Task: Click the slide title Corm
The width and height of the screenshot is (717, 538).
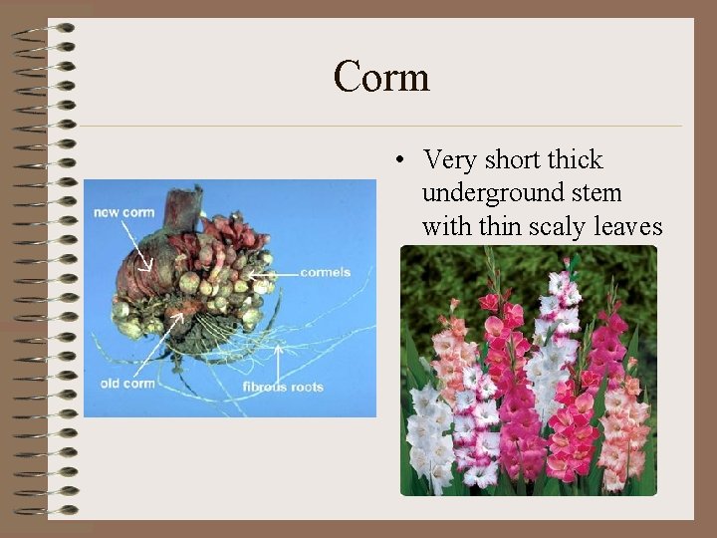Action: coord(381,77)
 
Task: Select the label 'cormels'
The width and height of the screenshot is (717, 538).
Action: coord(325,272)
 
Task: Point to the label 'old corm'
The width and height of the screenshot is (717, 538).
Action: coord(127,384)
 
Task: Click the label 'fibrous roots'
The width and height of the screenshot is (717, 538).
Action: coord(282,387)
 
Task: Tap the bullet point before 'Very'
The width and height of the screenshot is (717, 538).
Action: coord(397,160)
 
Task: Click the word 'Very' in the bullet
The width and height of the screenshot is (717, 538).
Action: coord(449,159)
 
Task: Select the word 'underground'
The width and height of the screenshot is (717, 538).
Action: coord(489,193)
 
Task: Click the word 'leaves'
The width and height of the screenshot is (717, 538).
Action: coord(627,226)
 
